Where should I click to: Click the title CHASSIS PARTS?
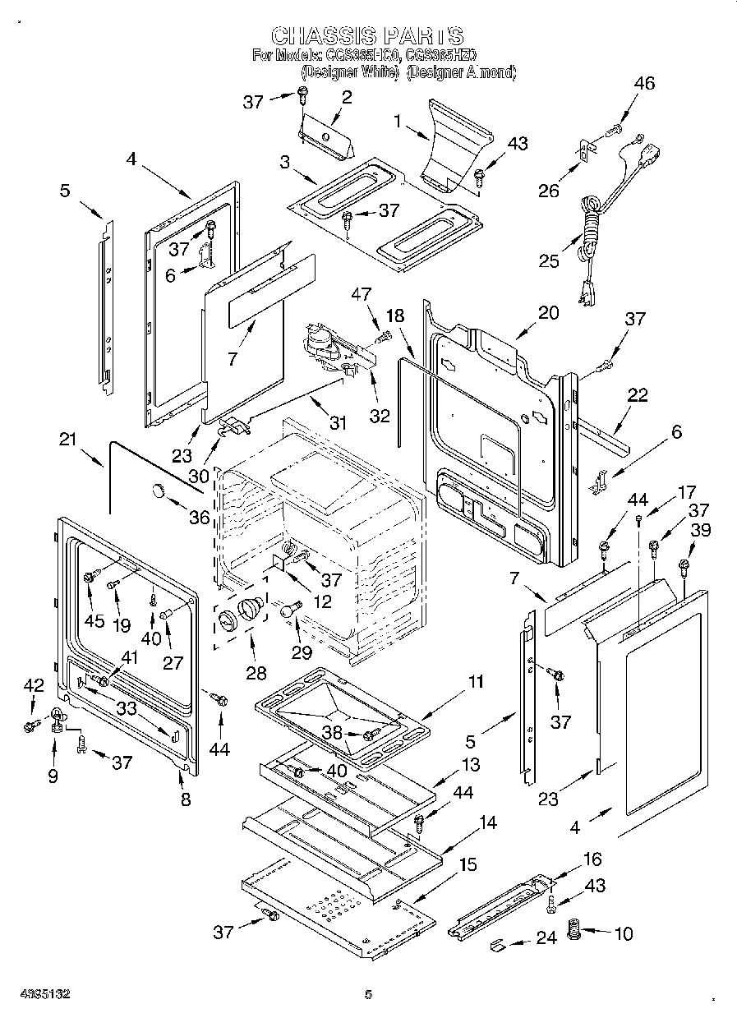pyautogui.click(x=367, y=35)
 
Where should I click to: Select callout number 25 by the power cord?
pyautogui.click(x=548, y=261)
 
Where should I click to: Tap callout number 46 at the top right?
pyautogui.click(x=645, y=83)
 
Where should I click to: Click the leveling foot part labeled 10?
pyautogui.click(x=575, y=933)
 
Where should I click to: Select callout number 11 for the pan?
pyautogui.click(x=476, y=682)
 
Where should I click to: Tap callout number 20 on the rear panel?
pyautogui.click(x=548, y=313)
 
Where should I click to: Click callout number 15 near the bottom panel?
pyautogui.click(x=467, y=865)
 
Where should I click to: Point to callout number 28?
pyautogui.click(x=256, y=674)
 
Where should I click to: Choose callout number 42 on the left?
pyautogui.click(x=34, y=686)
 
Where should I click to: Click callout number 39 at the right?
pyautogui.click(x=700, y=531)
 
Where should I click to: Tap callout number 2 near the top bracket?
pyautogui.click(x=346, y=97)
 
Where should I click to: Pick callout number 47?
pyautogui.click(x=362, y=294)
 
